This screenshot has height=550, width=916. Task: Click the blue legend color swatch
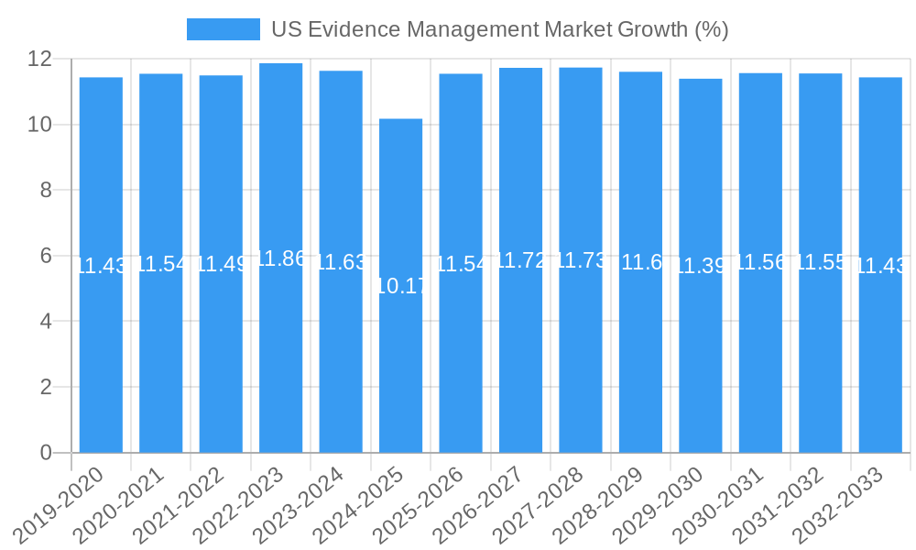pyautogui.click(x=223, y=29)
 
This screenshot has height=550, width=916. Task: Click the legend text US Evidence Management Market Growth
pyautogui.click(x=499, y=29)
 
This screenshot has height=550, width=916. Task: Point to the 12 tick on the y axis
pyautogui.click(x=41, y=59)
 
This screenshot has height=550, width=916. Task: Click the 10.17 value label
pyautogui.click(x=400, y=286)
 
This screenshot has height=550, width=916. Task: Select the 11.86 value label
pyautogui.click(x=280, y=258)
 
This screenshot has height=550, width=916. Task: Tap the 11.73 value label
pyautogui.click(x=581, y=260)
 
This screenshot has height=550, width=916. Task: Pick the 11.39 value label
pyautogui.click(x=700, y=266)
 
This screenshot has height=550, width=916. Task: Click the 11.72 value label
pyautogui.click(x=520, y=260)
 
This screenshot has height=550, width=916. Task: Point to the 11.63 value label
pyautogui.click(x=341, y=262)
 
